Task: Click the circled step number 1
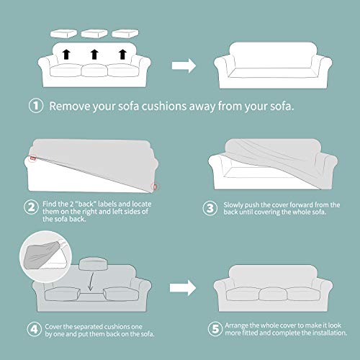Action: (36, 106)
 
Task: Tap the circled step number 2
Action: (31, 207)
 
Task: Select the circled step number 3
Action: (210, 208)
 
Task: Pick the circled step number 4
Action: (34, 329)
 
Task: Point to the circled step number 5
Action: (215, 329)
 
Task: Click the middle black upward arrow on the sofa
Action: (94, 54)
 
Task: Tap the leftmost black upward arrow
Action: (66, 54)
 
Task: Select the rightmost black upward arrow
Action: (123, 54)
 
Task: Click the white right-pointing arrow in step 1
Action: (184, 66)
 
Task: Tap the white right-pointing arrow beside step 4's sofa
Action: (183, 288)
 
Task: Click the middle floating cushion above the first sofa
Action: (94, 34)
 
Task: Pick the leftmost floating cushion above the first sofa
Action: (63, 34)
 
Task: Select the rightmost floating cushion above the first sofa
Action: (125, 34)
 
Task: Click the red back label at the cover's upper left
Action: (33, 158)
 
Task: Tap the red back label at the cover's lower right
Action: (155, 186)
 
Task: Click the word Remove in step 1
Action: (70, 106)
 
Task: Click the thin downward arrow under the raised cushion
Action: (91, 282)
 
